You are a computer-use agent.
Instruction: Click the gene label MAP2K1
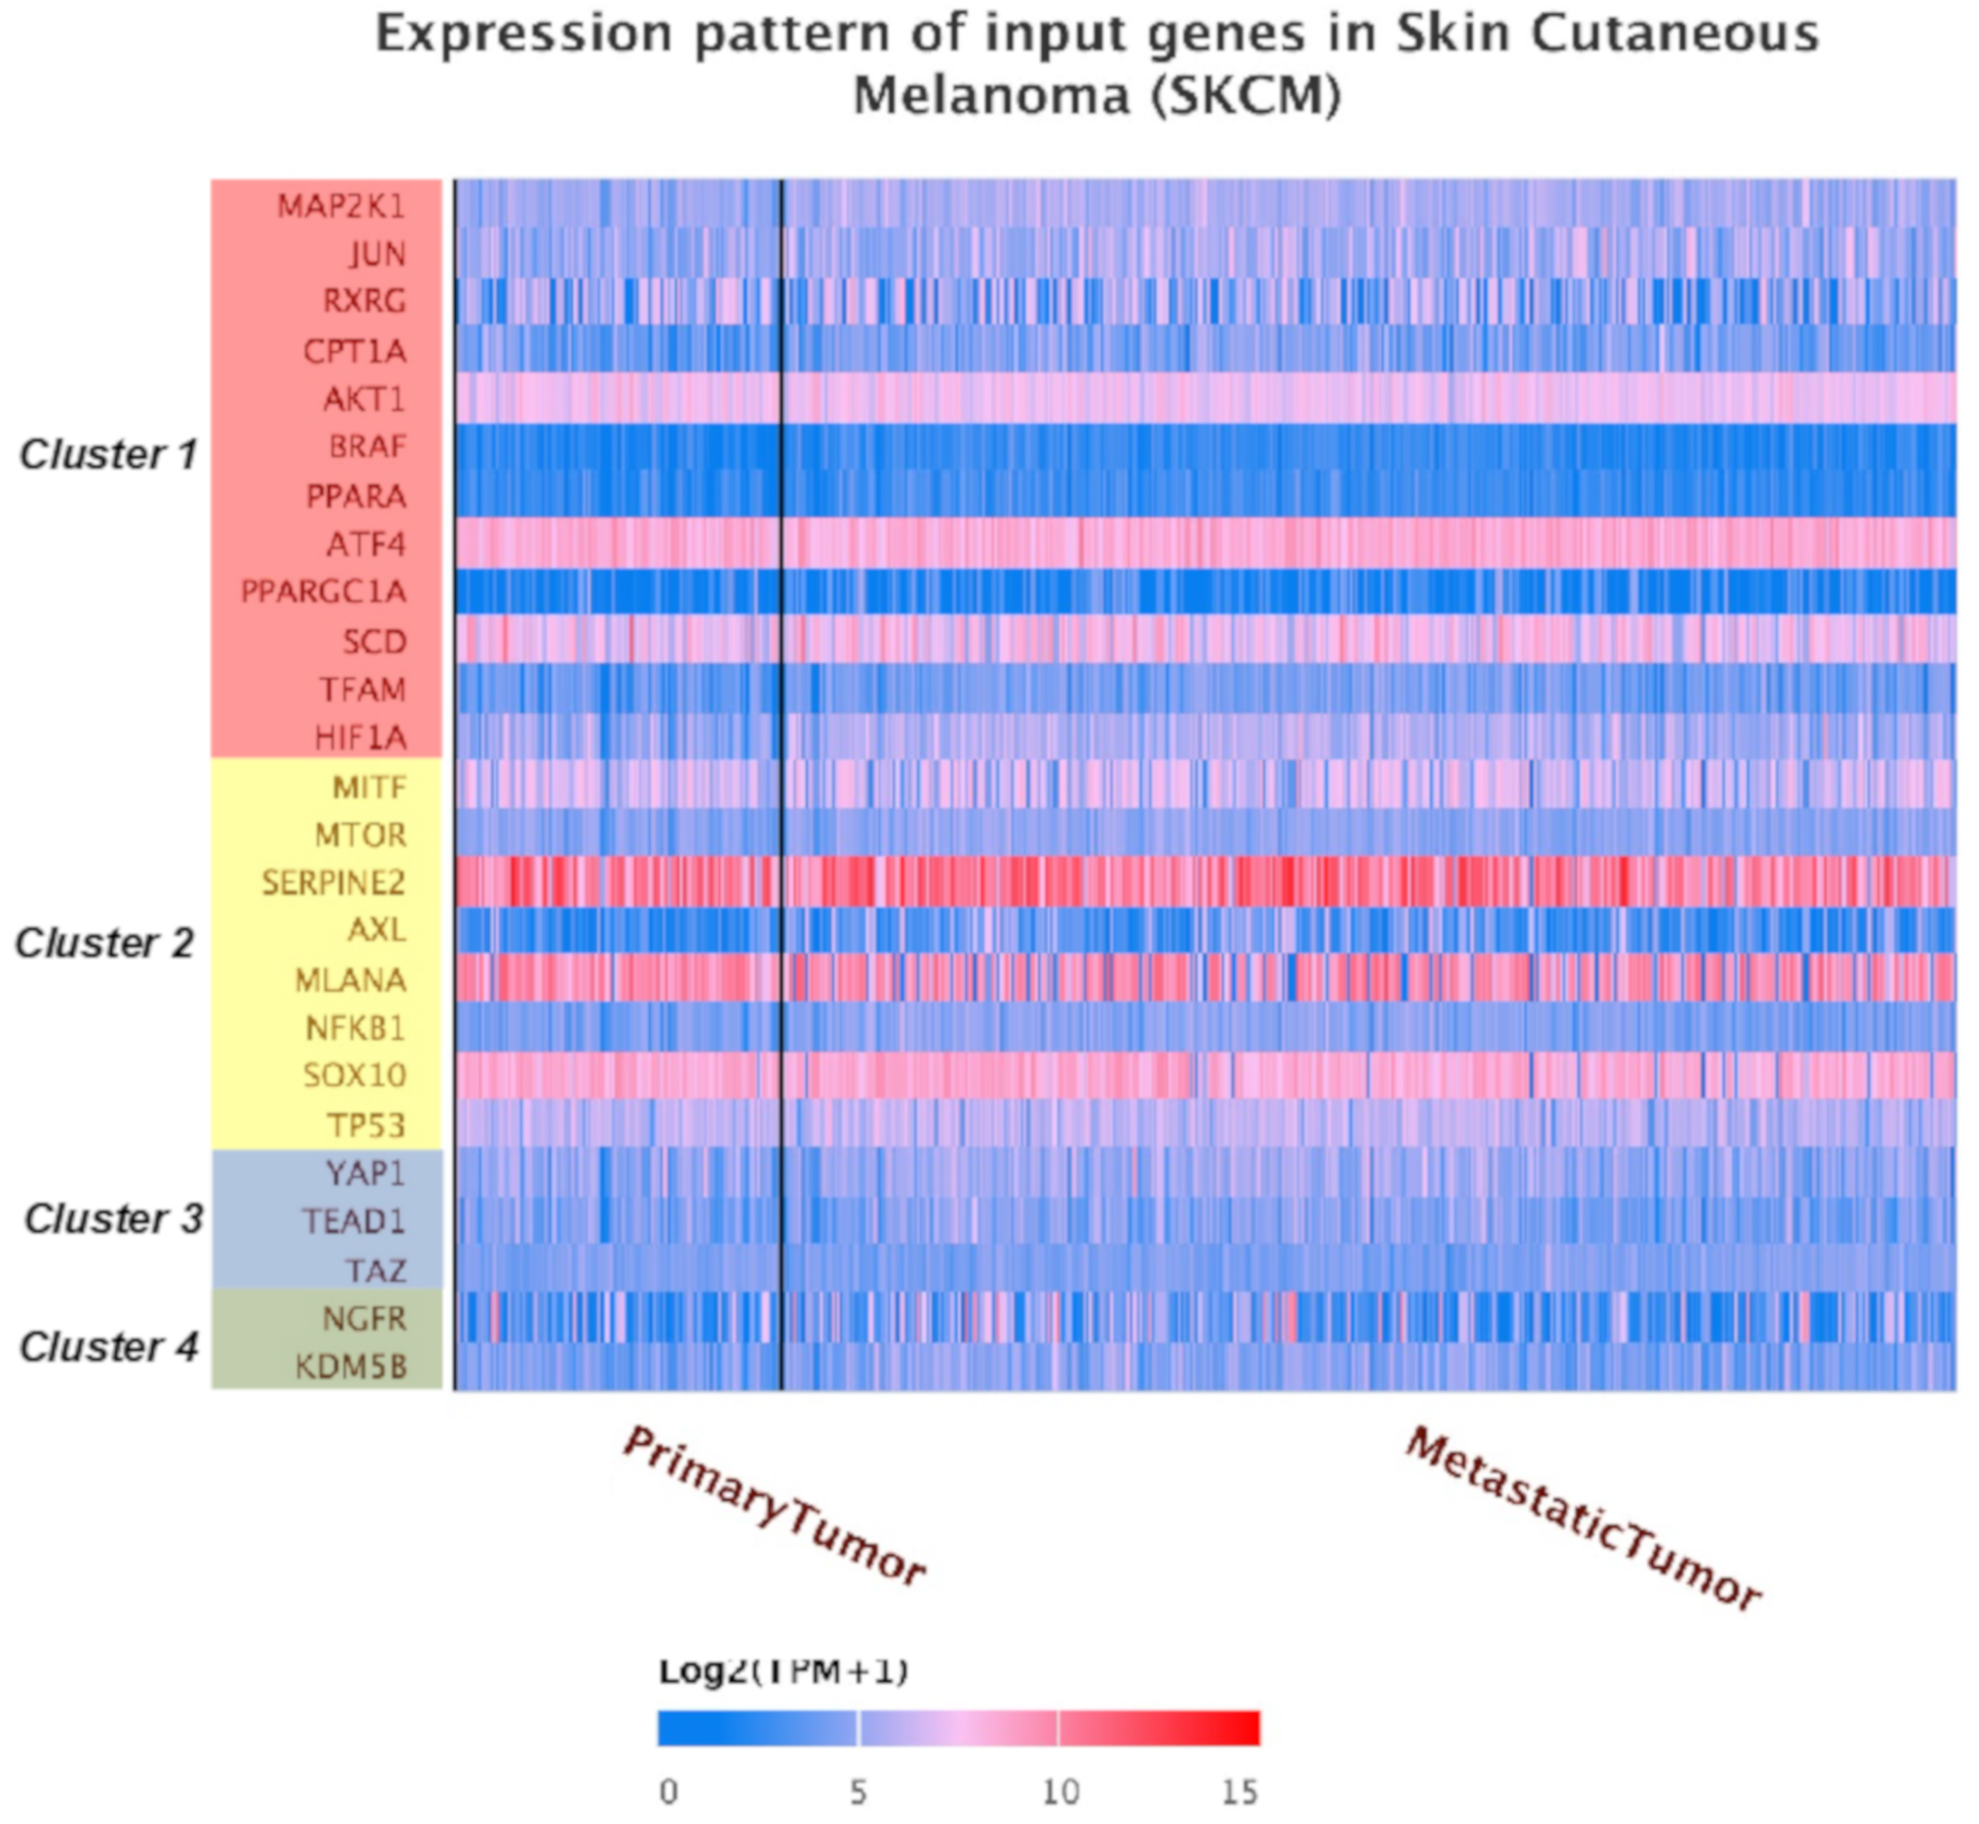341,206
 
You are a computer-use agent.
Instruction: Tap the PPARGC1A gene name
323,592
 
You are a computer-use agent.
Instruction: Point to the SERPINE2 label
333,883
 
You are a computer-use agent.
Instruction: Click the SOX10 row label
354,1075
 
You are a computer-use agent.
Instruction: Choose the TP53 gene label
366,1125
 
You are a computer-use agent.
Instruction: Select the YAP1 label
365,1174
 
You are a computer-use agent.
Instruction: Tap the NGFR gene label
363,1319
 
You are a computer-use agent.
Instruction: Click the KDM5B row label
351,1367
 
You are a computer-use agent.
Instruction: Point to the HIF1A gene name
360,737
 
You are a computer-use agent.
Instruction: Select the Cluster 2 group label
105,943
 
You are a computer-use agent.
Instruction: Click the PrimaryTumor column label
775,1506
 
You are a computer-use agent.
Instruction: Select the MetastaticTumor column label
1583,1520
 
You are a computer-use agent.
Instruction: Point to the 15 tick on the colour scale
1240,1792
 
